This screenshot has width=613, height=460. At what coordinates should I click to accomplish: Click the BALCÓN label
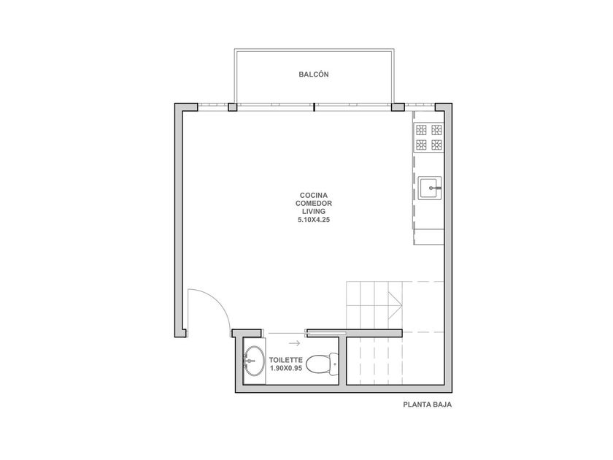pyautogui.click(x=314, y=74)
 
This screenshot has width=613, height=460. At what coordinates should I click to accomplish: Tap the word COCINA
pyautogui.click(x=314, y=195)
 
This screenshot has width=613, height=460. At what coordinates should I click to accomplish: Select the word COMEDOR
pyautogui.click(x=314, y=204)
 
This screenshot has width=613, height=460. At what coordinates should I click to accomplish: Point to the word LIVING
pyautogui.click(x=314, y=212)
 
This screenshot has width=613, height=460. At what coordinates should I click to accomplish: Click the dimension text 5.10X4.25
pyautogui.click(x=314, y=220)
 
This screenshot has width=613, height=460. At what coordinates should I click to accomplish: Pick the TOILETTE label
pyautogui.click(x=285, y=360)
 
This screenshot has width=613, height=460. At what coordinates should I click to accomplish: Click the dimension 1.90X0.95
pyautogui.click(x=286, y=368)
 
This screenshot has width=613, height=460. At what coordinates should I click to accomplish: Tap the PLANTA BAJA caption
pyautogui.click(x=428, y=405)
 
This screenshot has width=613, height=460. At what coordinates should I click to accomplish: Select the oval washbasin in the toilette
pyautogui.click(x=252, y=360)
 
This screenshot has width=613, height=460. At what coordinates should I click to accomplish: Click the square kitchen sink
pyautogui.click(x=430, y=188)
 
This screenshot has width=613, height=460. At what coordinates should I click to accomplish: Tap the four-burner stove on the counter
pyautogui.click(x=428, y=137)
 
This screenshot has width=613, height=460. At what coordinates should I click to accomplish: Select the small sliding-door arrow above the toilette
pyautogui.click(x=295, y=343)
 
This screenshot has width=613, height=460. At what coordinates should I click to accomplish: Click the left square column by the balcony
pyautogui.click(x=232, y=107)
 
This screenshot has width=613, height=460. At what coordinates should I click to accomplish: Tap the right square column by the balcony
pyautogui.click(x=398, y=107)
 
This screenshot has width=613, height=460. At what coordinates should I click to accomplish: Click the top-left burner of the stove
pyautogui.click(x=421, y=129)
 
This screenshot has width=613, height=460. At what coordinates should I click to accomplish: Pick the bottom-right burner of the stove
pyautogui.click(x=436, y=145)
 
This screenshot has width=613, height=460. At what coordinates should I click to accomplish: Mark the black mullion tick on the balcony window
pyautogui.click(x=315, y=107)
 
